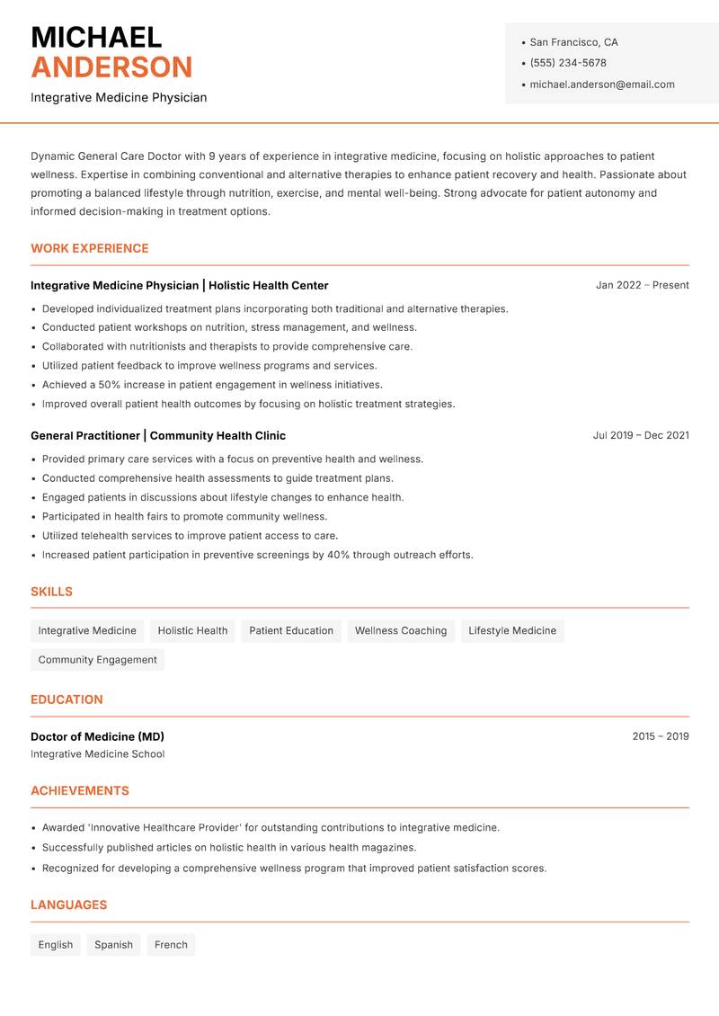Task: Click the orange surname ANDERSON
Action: pyautogui.click(x=111, y=67)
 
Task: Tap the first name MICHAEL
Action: pyautogui.click(x=96, y=37)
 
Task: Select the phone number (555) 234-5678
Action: pyautogui.click(x=568, y=63)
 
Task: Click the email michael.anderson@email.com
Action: pyautogui.click(x=602, y=85)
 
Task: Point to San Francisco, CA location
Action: pyautogui.click(x=573, y=42)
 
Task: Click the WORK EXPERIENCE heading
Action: pyautogui.click(x=90, y=248)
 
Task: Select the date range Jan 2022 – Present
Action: pyautogui.click(x=642, y=285)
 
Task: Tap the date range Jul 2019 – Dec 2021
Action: pyautogui.click(x=641, y=435)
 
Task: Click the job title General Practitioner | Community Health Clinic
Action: pyautogui.click(x=158, y=435)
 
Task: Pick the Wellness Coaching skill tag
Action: pyautogui.click(x=401, y=630)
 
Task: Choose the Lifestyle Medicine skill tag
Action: pyautogui.click(x=512, y=630)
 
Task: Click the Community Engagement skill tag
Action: pyautogui.click(x=97, y=660)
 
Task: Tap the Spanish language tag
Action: pyautogui.click(x=113, y=945)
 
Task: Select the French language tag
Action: pyautogui.click(x=171, y=945)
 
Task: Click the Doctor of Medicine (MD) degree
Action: pyautogui.click(x=97, y=736)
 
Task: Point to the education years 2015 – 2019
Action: pyautogui.click(x=660, y=736)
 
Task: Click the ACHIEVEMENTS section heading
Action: pyautogui.click(x=80, y=791)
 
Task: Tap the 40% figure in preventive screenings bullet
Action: pyautogui.click(x=338, y=555)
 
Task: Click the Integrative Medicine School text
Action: pyautogui.click(x=97, y=754)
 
